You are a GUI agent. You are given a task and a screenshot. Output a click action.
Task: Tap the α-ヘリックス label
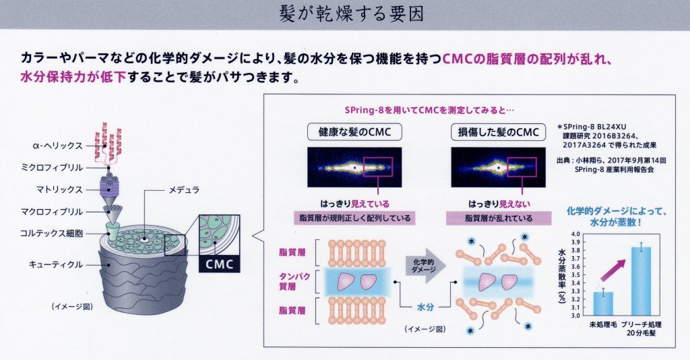point(57,145)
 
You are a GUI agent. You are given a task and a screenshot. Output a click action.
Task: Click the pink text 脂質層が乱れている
point(498,218)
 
